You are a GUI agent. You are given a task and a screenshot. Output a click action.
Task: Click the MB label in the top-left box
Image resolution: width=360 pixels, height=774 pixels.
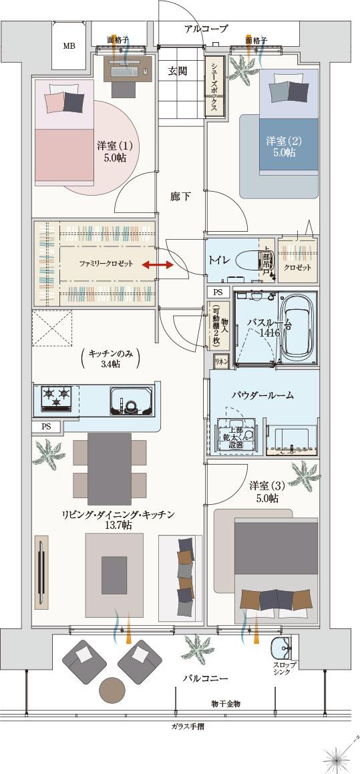(69, 46)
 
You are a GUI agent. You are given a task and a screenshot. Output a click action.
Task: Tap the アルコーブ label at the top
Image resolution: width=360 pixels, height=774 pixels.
(206, 29)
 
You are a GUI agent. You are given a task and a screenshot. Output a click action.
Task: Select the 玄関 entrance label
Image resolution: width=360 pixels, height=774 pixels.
(178, 71)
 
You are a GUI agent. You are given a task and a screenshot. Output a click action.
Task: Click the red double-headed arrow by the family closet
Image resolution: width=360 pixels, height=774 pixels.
(158, 265)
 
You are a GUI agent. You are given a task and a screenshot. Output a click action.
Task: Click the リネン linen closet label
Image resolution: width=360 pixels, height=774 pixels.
(220, 361)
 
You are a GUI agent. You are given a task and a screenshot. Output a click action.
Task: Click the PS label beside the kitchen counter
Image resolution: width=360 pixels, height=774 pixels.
(46, 426)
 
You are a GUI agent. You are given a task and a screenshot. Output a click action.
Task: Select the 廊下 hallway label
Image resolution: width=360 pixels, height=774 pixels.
(180, 196)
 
